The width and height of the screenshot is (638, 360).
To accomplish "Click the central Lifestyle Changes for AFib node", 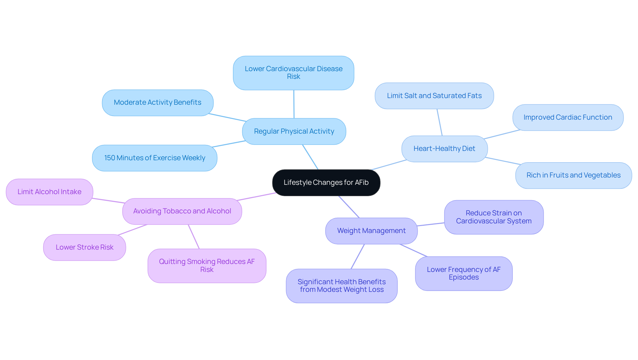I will point(326,182).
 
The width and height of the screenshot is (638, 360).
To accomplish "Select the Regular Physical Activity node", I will point(294,131).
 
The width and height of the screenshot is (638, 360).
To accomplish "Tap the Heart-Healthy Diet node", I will point(444,149).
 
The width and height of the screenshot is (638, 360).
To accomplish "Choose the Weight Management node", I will point(371,231).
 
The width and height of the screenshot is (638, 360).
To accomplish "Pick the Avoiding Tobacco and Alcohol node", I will point(182,211).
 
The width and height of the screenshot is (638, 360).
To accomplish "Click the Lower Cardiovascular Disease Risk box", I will point(293,73).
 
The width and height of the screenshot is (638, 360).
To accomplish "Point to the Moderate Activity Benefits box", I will point(158,102).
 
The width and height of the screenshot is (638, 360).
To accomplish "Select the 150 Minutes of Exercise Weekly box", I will point(155,158).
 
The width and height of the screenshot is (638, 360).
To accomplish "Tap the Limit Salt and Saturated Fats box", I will point(434,96).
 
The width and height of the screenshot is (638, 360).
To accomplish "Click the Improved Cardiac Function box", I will point(568,117).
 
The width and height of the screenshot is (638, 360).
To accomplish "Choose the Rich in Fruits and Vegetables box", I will point(573,175).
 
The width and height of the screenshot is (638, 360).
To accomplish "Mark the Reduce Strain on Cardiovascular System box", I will point(493,217).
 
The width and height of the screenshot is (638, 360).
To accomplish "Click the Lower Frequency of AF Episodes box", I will point(464,273).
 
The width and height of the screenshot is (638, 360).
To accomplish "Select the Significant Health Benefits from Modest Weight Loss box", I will point(342,286).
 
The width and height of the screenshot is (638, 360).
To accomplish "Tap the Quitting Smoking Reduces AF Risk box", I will point(207,266).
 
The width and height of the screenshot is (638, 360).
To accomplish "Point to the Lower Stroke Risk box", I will point(84,247).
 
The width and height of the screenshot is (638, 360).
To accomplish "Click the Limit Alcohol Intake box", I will point(50,192).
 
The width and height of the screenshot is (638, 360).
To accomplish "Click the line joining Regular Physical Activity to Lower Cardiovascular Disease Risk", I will point(294,104).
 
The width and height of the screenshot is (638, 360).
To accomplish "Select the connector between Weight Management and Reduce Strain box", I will point(431,224).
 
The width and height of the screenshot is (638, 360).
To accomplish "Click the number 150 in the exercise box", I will point(110,158).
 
